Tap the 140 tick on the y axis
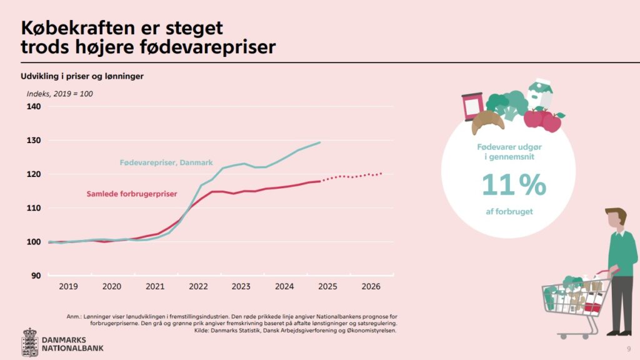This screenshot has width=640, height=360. (x=34, y=107)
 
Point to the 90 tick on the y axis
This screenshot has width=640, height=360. (x=36, y=276)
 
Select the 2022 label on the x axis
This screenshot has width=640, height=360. (x=198, y=287)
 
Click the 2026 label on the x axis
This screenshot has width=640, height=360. (x=371, y=287)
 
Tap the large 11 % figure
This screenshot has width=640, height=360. (x=514, y=184)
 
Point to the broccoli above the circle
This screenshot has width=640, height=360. (x=507, y=104)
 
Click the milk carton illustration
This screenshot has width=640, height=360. (x=540, y=95)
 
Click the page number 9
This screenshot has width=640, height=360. (x=628, y=348)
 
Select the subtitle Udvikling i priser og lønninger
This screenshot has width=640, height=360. (x=83, y=76)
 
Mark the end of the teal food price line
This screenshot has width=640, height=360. (x=320, y=142)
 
